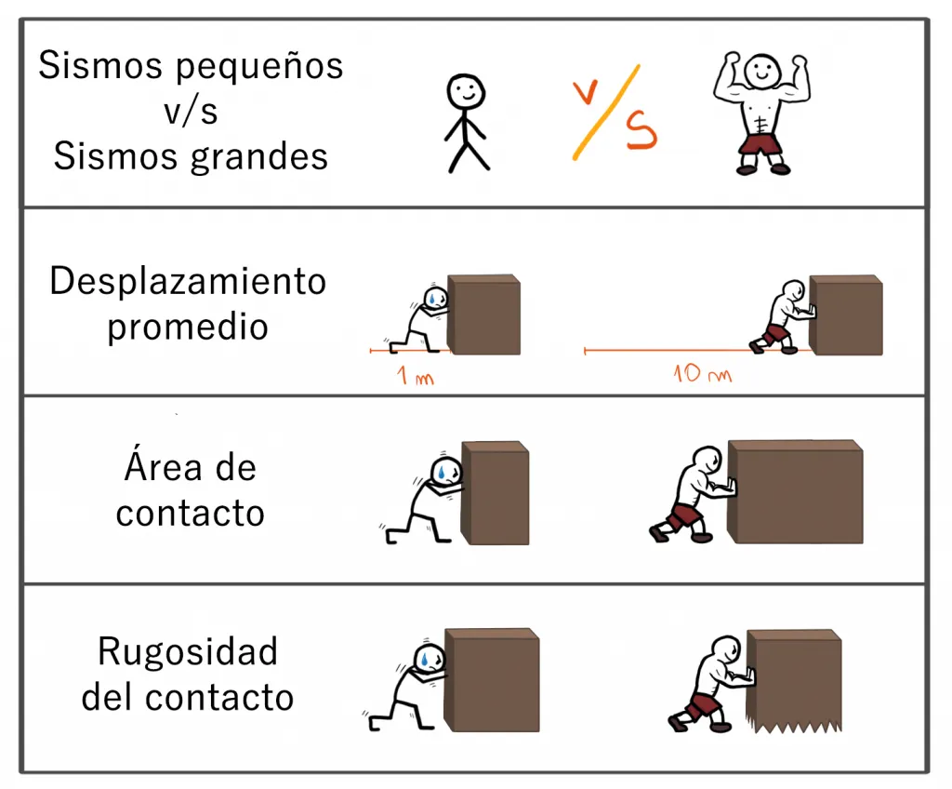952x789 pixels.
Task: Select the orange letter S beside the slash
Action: click(x=641, y=132)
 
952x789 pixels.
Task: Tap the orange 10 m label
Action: click(x=702, y=375)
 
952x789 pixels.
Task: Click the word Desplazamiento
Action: click(x=188, y=281)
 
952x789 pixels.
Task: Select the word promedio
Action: click(x=188, y=327)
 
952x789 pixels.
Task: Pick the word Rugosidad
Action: click(x=188, y=651)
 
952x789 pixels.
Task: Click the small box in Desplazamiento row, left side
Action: click(x=483, y=314)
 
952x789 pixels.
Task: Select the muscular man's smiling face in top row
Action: click(x=762, y=67)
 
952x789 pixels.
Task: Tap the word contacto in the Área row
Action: click(x=190, y=513)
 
